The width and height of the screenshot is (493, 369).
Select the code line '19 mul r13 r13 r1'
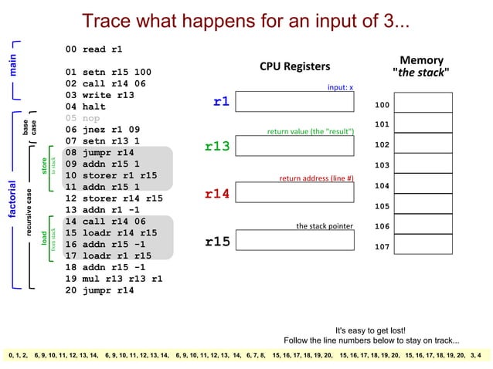[x=114, y=279]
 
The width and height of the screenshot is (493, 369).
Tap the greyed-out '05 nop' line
[x=83, y=118]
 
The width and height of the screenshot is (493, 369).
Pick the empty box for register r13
[x=294, y=147]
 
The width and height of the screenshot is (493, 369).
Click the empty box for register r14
[x=294, y=192]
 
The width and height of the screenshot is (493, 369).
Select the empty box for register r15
[x=294, y=241]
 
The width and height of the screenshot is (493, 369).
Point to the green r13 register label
[x=217, y=147]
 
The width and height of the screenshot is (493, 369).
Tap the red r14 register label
[x=217, y=194]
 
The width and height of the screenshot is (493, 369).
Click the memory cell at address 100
[x=423, y=103]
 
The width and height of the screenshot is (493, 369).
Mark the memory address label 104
[x=382, y=186]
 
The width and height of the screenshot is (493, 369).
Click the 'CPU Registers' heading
[x=294, y=66]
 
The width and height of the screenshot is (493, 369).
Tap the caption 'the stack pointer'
[x=325, y=226]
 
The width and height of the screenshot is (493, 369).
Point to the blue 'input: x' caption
[x=340, y=88]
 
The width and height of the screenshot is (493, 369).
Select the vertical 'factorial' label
[x=12, y=199]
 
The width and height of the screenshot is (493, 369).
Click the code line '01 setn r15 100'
[x=108, y=73]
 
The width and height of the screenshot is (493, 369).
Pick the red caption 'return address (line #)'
[x=316, y=178]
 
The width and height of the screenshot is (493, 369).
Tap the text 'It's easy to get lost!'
[x=370, y=330]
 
